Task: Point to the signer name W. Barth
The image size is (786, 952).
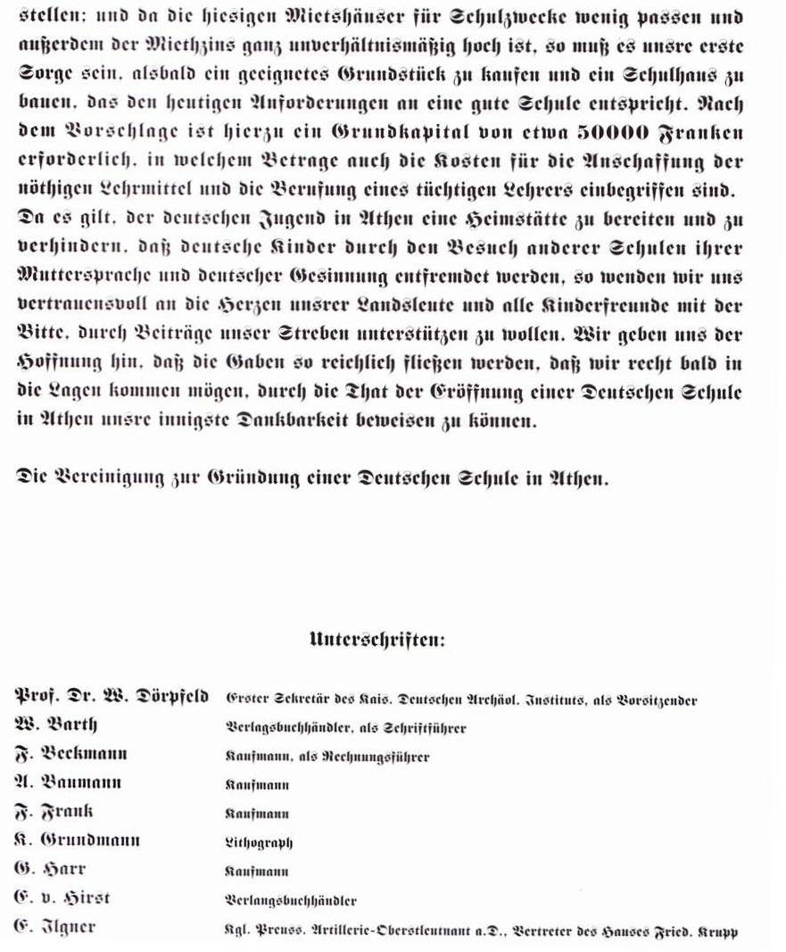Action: (x=55, y=724)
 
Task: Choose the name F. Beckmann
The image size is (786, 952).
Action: (x=71, y=754)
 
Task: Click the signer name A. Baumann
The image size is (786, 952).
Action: (x=69, y=782)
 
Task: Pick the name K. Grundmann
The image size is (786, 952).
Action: (x=79, y=840)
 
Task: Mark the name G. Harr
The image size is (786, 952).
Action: (x=50, y=868)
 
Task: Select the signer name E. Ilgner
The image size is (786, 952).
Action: (x=55, y=926)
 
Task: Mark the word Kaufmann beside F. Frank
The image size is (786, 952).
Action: (x=257, y=813)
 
